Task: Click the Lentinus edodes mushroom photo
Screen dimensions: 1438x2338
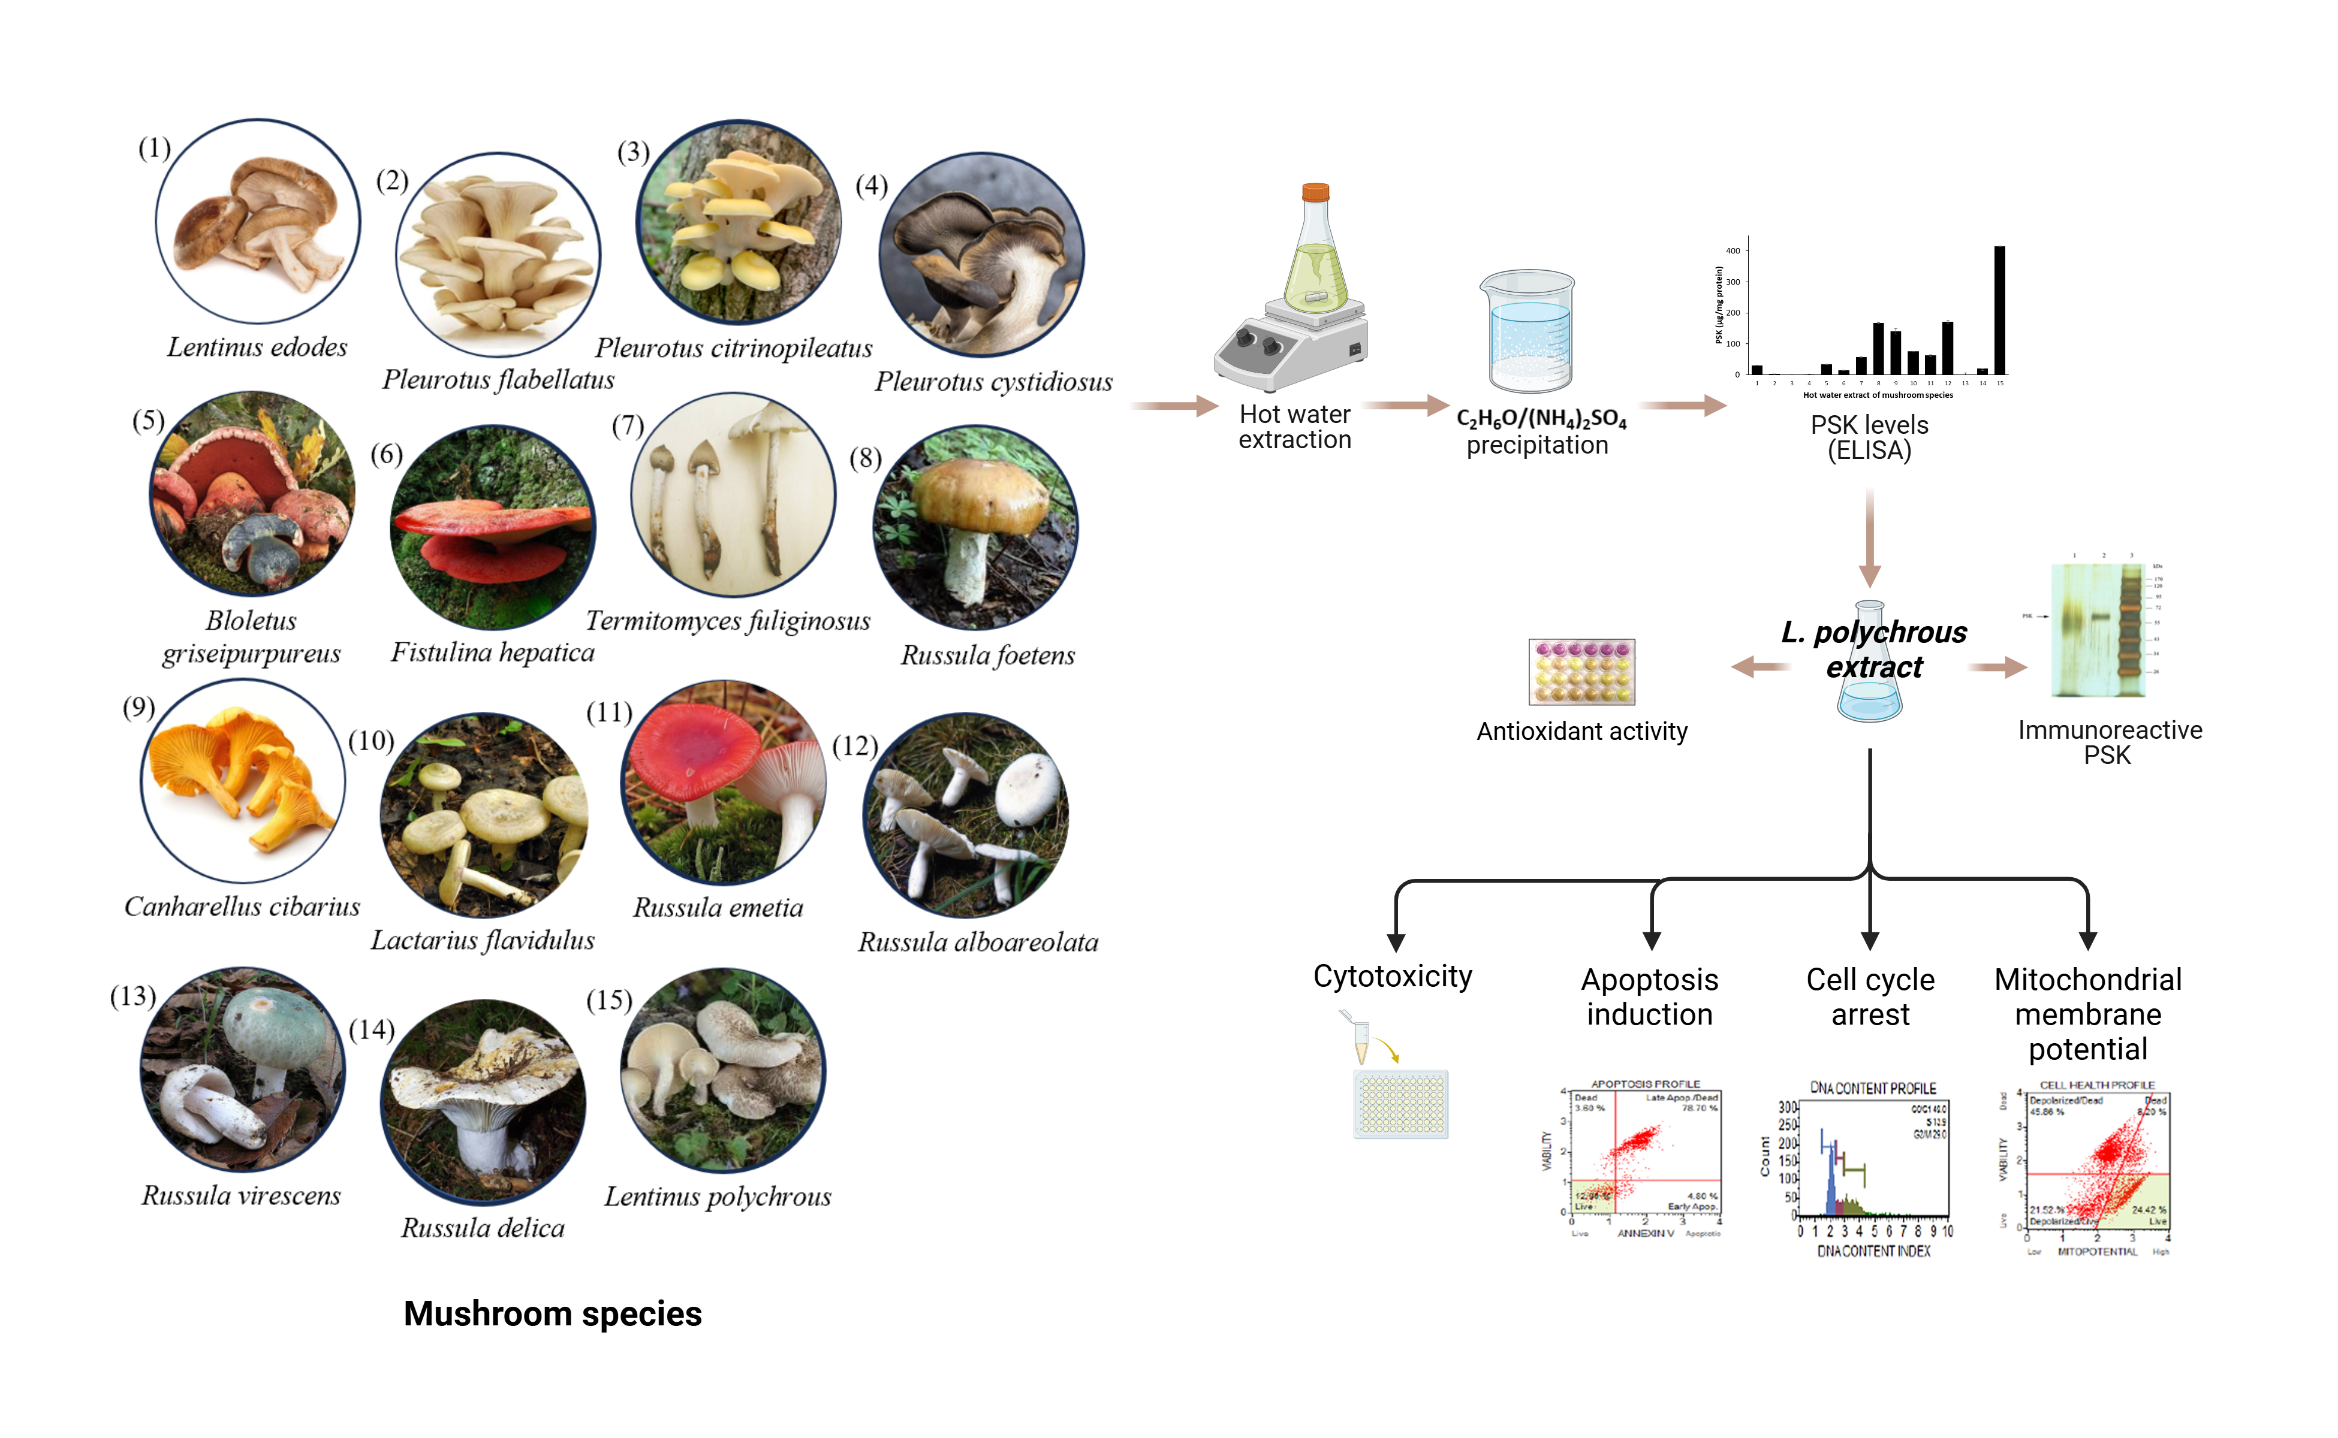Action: pos(258,222)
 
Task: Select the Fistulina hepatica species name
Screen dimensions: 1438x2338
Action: pos(493,652)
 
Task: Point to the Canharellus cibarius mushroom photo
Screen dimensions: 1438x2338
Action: pos(243,781)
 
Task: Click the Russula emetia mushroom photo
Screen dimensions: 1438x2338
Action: pos(723,783)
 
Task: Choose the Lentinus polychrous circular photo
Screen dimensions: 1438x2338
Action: pos(723,1070)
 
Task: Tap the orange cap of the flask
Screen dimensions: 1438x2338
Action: pos(1315,192)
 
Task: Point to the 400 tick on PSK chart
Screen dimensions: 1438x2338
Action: pos(1733,251)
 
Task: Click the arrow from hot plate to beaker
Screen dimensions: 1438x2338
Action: pos(1406,406)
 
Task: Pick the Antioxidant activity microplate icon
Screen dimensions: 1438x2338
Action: pos(1581,672)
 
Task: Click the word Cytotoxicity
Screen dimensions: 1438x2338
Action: pos(1392,977)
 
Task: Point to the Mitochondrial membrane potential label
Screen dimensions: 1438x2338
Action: pos(2088,1014)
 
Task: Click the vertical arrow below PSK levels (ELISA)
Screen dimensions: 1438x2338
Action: pos(1870,537)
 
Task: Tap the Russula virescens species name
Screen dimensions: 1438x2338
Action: pos(241,1195)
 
